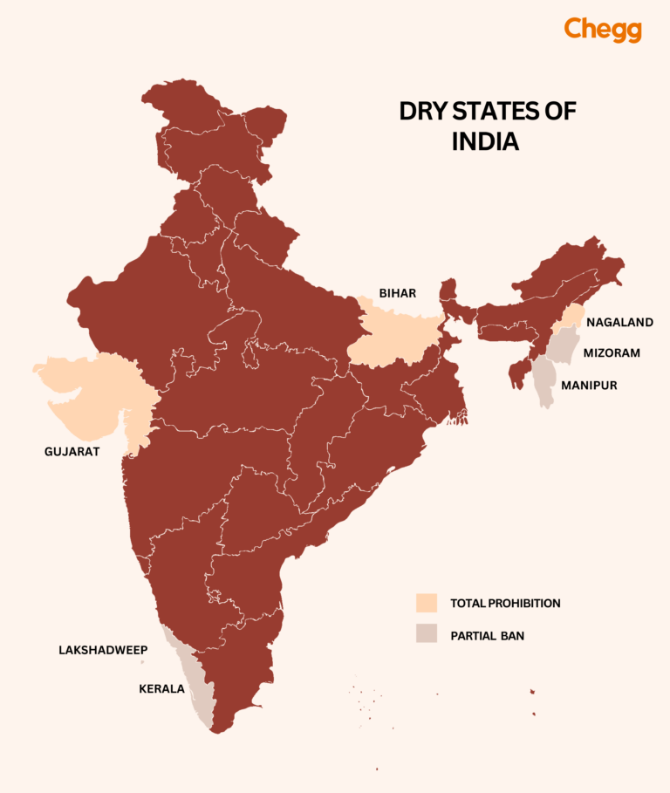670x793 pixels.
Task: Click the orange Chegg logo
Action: [602, 29]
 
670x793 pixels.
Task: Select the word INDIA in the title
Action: [485, 141]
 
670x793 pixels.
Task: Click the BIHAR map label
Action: [396, 292]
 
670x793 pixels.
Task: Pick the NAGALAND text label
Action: [619, 322]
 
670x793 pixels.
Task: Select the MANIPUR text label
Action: [589, 384]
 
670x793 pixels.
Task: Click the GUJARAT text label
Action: [72, 451]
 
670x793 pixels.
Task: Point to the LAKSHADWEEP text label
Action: [103, 650]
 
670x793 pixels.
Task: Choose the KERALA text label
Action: [161, 688]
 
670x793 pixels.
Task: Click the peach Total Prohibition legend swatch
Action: [426, 603]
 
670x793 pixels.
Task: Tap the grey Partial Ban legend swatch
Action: [426, 635]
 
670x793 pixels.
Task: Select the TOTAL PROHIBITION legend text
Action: [505, 603]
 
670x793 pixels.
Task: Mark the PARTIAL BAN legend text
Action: [487, 636]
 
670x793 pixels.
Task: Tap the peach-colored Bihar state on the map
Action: [393, 336]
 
